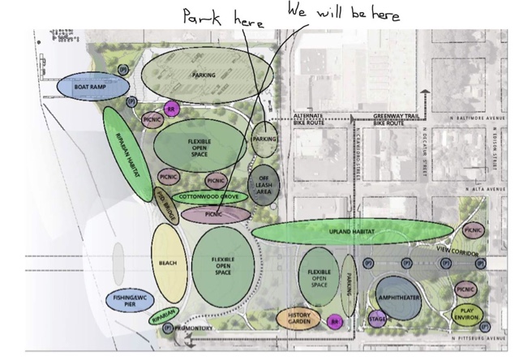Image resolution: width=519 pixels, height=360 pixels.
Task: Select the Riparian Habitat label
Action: pos(128,152)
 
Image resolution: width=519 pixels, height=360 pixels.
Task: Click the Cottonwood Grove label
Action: pos(209,196)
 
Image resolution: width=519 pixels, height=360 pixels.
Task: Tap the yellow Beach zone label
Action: pos(167,263)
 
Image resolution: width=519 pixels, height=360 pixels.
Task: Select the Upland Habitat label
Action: pos(350,232)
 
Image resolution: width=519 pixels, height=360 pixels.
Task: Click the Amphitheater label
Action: pos(398,298)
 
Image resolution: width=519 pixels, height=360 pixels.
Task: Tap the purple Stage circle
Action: pos(377,319)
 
